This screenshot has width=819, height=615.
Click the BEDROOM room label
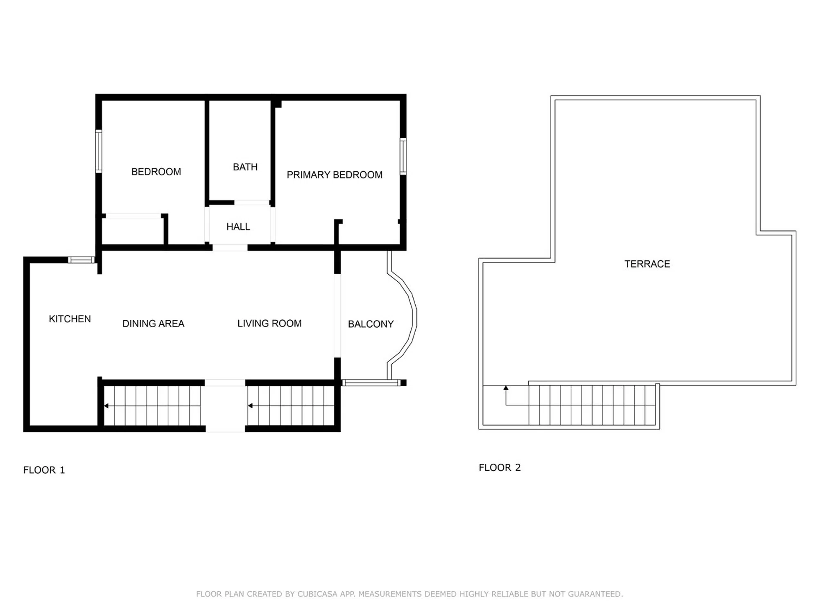coord(156,172)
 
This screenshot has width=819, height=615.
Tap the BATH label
coord(245,167)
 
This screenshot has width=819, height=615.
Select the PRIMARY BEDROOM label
coord(335,175)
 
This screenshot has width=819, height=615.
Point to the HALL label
coord(238,227)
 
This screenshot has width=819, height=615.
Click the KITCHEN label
coord(70,319)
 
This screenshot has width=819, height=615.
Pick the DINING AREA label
coord(154,323)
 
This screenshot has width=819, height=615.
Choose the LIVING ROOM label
coord(269,323)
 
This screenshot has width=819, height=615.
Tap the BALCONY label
coord(371,324)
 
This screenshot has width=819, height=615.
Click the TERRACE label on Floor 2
coord(647,264)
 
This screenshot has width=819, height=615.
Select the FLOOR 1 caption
coord(44,470)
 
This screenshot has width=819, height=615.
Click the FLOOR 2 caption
coord(500,467)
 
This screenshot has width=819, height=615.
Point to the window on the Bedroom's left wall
coord(99,151)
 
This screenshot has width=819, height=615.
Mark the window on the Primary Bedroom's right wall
coord(403,156)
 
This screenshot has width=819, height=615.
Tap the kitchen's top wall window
coord(81,260)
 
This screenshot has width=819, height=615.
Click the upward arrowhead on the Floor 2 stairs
coord(506,387)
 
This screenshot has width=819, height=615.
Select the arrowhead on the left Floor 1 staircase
coord(106,406)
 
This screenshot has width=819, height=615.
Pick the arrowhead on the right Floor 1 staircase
coord(250,406)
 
